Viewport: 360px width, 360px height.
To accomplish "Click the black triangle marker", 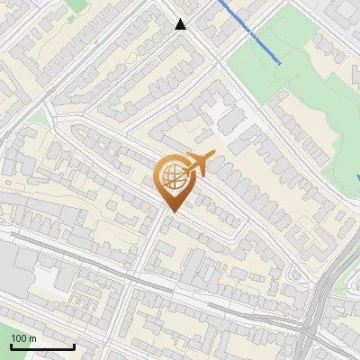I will pyautogui.click(x=181, y=24).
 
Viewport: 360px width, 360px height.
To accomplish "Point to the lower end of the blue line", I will pyautogui.click(x=280, y=63).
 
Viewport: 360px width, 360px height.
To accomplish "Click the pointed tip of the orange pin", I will pyautogui.click(x=172, y=212).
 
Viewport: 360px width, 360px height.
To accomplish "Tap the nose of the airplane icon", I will pyautogui.click(x=213, y=156).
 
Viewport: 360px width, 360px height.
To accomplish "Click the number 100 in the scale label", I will pyautogui.click(x=17, y=338).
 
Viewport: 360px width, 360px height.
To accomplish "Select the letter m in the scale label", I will pyautogui.click(x=32, y=338).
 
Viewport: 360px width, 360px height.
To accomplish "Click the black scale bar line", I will pyautogui.click(x=41, y=346).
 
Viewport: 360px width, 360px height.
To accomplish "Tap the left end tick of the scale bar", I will pyautogui.click(x=11, y=345).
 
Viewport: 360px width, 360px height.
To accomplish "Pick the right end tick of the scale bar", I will pyautogui.click(x=73, y=345).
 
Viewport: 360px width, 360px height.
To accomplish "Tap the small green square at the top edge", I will pyautogui.click(x=78, y=4).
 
